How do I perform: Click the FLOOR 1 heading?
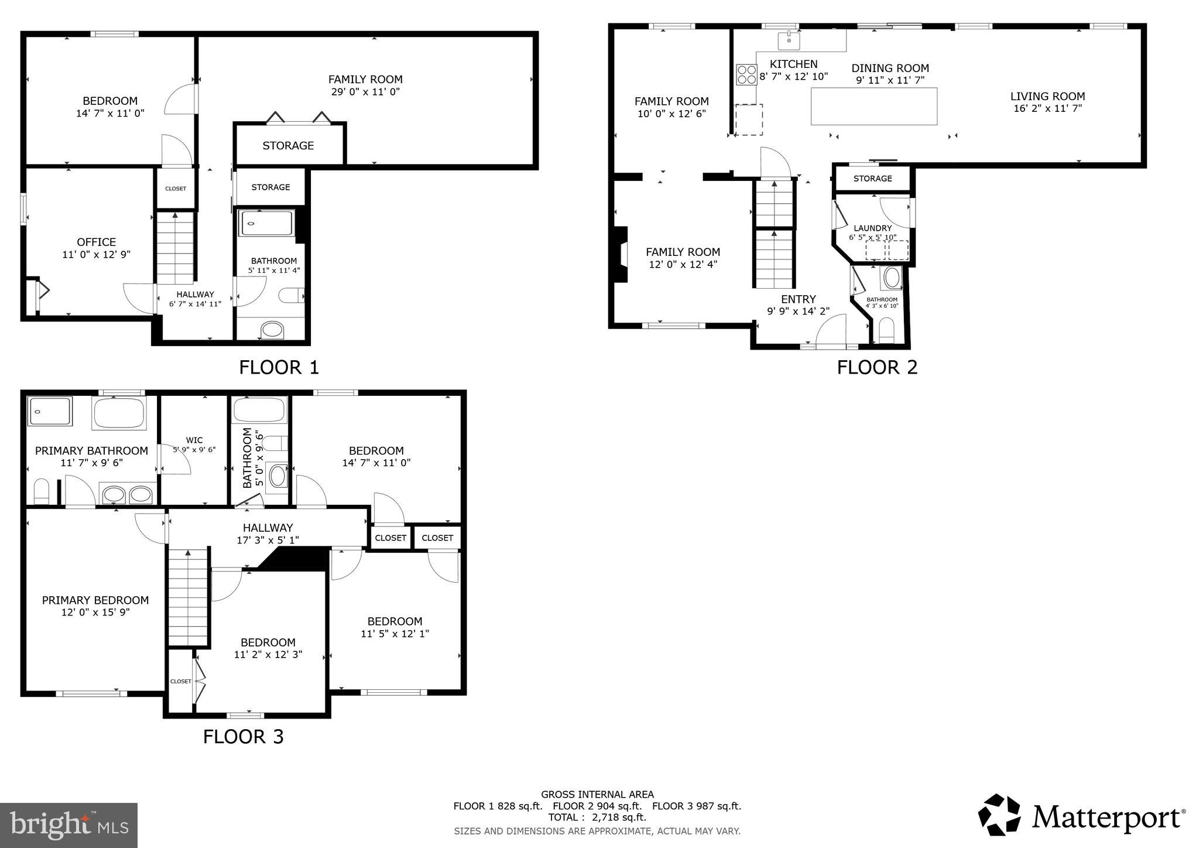point(279,367)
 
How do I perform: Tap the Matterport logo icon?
point(999,815)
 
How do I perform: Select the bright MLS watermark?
point(68,825)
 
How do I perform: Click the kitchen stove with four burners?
point(746,75)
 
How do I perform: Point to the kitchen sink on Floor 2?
point(789,41)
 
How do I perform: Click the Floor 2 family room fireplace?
point(620,255)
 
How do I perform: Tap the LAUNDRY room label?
point(872,228)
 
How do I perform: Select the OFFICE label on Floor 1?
point(97,242)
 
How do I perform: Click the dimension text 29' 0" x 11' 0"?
point(365,92)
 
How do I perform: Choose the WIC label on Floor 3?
point(194,440)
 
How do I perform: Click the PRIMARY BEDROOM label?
point(95,600)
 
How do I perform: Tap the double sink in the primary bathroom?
point(127,495)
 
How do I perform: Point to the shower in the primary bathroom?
point(50,411)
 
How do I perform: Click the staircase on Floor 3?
point(188,597)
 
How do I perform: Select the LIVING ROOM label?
point(1047,97)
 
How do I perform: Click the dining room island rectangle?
point(873,106)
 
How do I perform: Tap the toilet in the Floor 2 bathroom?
point(886,331)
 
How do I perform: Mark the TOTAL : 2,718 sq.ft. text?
point(597,818)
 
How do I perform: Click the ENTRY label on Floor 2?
point(798,299)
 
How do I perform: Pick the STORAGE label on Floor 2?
point(872,179)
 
